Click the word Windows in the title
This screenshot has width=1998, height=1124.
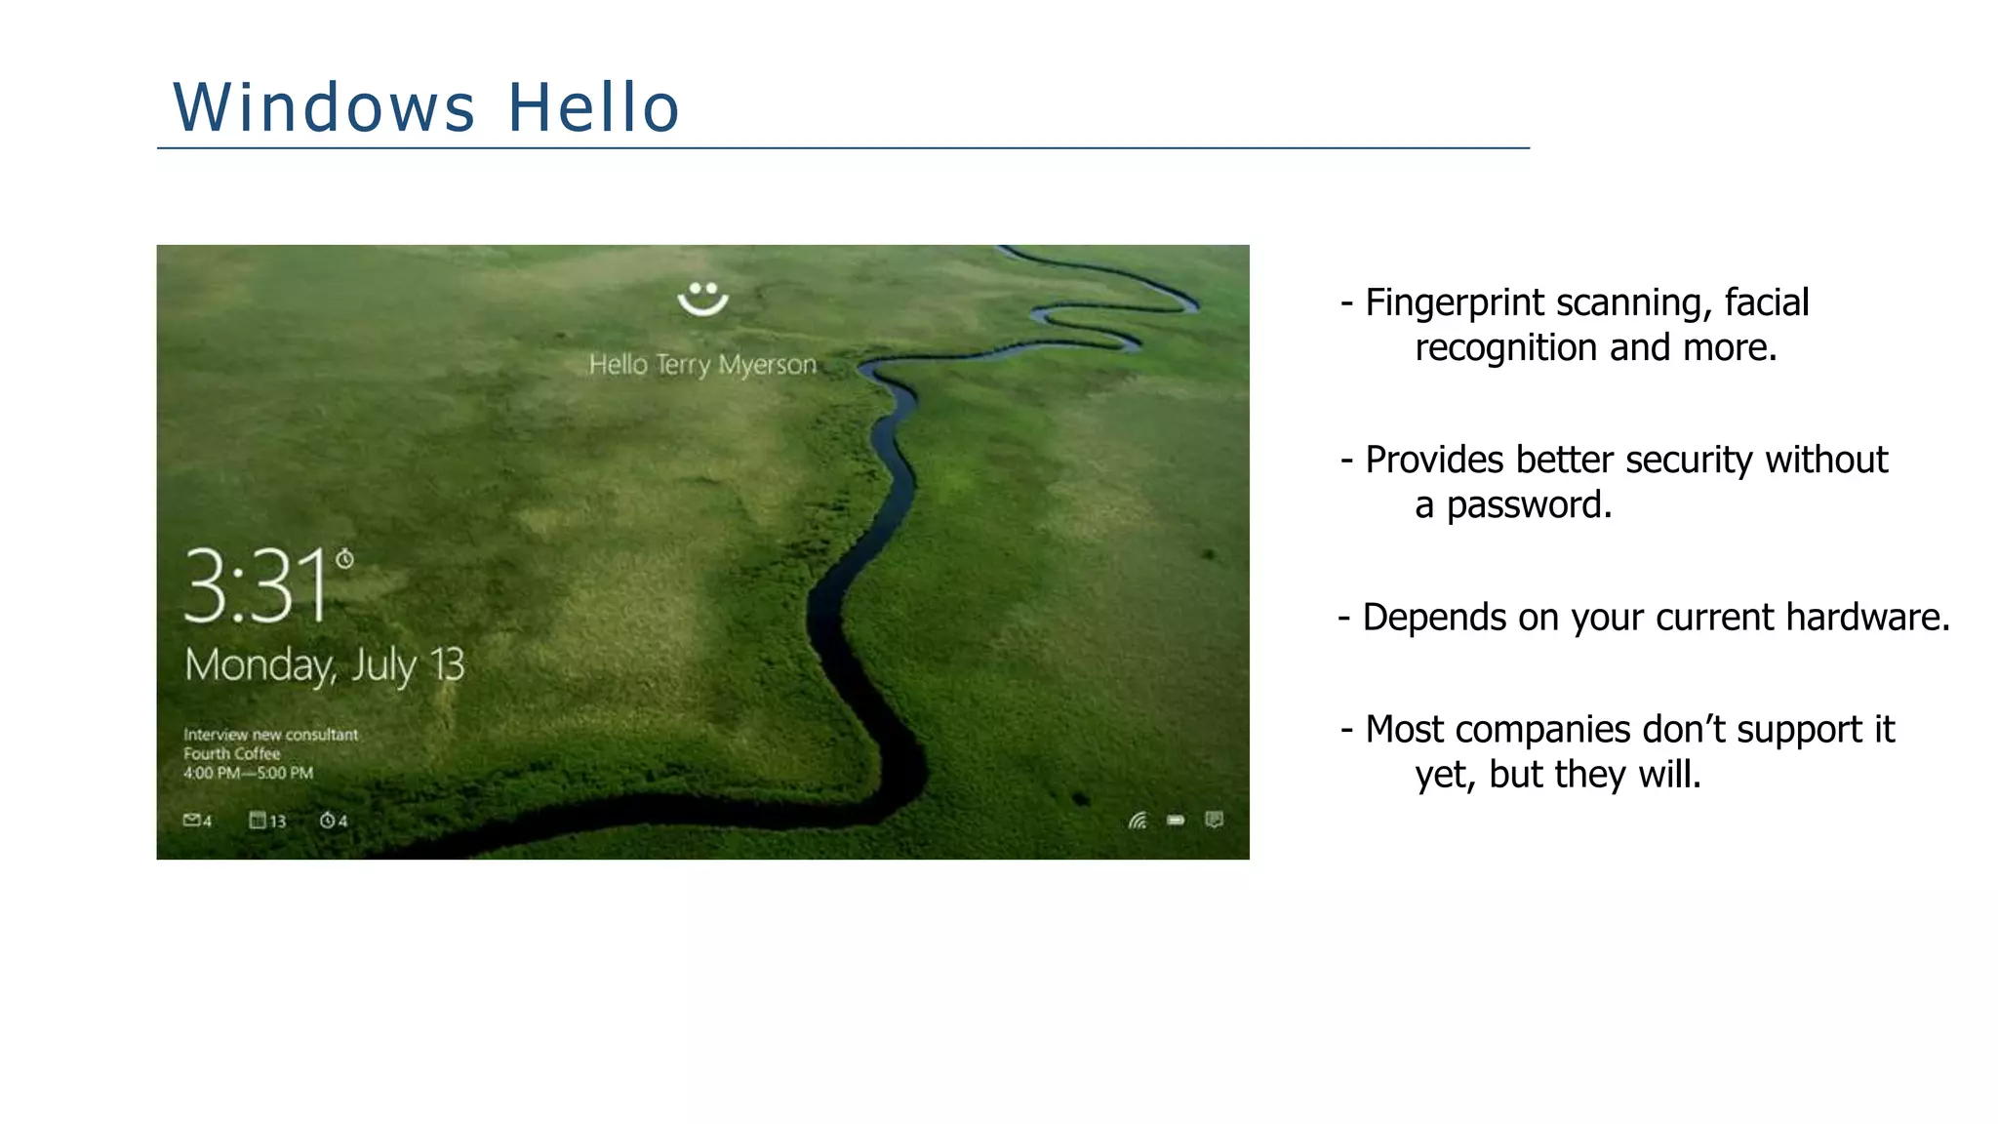[x=324, y=107]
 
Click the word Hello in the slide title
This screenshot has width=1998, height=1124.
[x=593, y=107]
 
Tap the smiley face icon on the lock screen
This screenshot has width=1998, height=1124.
[x=702, y=299]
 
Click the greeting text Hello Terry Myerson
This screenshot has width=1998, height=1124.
[x=702, y=365]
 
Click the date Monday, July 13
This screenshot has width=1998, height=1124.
[x=325, y=665]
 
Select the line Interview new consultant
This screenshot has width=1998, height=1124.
[x=270, y=735]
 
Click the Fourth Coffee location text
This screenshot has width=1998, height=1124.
[x=231, y=754]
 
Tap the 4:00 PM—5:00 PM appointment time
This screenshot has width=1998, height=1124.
[x=248, y=774]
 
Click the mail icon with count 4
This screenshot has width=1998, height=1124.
[x=196, y=821]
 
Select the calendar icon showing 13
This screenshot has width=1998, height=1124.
[x=266, y=821]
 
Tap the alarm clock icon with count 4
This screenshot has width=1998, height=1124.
[x=333, y=821]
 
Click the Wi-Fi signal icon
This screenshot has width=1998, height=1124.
[x=1138, y=821]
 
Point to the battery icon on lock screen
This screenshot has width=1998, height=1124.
[x=1176, y=821]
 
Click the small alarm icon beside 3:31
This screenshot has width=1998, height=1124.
[x=344, y=559]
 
